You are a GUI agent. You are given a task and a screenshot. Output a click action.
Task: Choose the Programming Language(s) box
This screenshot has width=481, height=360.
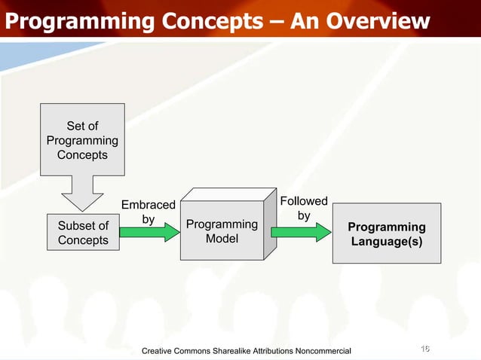pos(387,234)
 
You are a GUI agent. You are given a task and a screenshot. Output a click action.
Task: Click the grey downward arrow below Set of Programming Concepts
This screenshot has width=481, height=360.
pos(82,193)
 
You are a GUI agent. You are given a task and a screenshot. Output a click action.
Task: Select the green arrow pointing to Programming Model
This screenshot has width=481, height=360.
pos(151,233)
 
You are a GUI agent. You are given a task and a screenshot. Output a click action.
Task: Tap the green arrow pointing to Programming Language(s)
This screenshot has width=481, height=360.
pos(300,231)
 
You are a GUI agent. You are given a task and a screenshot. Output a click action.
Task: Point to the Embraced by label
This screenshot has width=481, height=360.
pos(148,212)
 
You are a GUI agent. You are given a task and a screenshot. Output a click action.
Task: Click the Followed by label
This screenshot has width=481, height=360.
pos(304,208)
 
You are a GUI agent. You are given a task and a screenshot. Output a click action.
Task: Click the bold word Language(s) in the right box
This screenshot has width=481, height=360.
pos(387,242)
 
